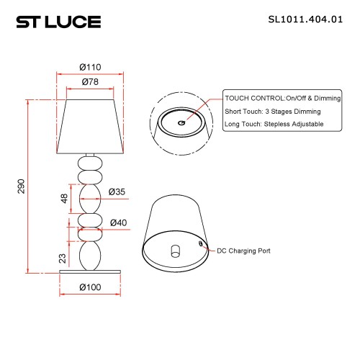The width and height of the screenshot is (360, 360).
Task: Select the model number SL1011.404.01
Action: click(x=303, y=22)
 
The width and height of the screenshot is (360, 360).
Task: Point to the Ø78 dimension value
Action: click(x=89, y=81)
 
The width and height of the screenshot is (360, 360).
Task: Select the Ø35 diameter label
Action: click(x=117, y=192)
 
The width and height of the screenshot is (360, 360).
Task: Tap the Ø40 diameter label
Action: click(x=119, y=222)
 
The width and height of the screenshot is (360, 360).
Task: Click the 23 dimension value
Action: click(x=63, y=257)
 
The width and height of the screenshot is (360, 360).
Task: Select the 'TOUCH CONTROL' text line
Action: click(x=273, y=97)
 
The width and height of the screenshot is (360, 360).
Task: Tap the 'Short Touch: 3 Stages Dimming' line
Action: click(x=272, y=111)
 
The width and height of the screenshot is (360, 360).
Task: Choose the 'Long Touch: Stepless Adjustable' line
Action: click(x=274, y=125)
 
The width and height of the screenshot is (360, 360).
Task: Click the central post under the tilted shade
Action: click(x=175, y=252)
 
